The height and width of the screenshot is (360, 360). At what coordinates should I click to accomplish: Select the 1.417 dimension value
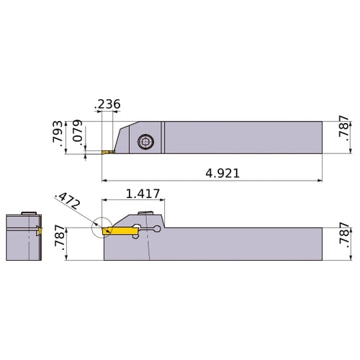click(x=143, y=194)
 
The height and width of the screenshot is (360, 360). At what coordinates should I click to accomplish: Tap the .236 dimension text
click(x=107, y=104)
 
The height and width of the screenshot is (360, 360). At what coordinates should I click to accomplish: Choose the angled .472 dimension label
click(x=67, y=201)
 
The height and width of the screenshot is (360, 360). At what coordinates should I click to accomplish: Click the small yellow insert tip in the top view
click(x=107, y=152)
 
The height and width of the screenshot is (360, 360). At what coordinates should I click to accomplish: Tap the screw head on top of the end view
click(x=28, y=213)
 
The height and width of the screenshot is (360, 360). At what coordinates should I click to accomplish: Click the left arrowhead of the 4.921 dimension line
click(x=105, y=181)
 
